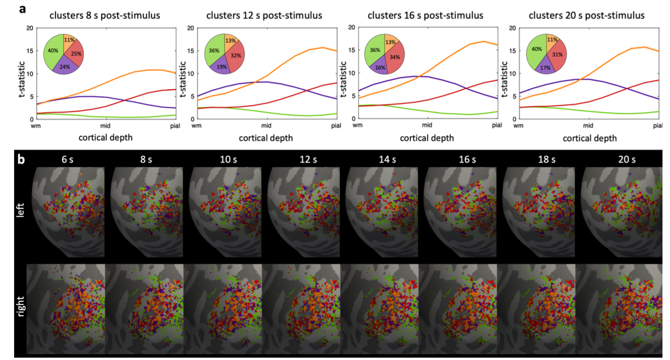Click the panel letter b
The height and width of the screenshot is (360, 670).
pos(22,160)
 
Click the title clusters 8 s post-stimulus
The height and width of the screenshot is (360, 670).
pos(105,16)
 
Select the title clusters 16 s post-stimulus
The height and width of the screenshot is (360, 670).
pos(425,16)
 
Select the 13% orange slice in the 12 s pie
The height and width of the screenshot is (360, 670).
pos(231,40)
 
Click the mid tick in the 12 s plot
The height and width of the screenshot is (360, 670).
pos(266,125)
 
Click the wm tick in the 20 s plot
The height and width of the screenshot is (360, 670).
pos(518,125)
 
